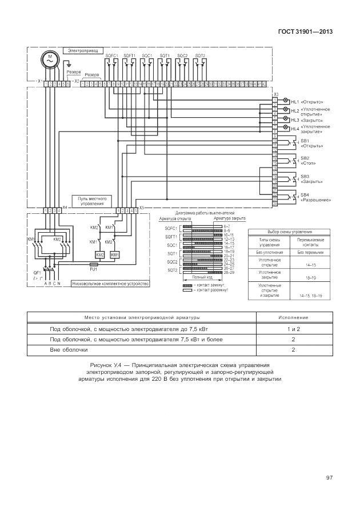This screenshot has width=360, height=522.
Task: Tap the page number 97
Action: [329, 477]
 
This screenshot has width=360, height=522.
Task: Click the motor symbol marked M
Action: [50, 59]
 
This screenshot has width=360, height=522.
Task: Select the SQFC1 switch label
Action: [111, 55]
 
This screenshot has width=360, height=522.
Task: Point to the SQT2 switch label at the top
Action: [200, 55]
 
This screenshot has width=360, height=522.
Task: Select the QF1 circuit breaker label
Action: [37, 273]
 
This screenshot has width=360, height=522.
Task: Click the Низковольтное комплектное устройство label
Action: [110, 283]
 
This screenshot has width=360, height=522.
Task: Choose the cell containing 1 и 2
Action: [293, 329]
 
